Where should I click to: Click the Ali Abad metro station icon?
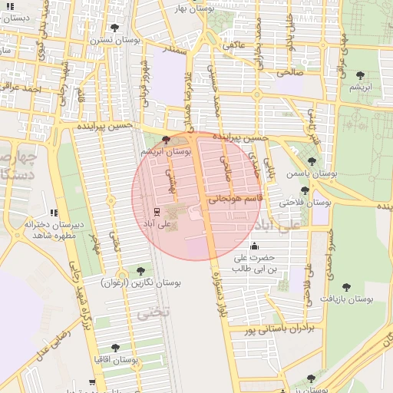click(x=157, y=211)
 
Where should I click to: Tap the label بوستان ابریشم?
click(x=173, y=153)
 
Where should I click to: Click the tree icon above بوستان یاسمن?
click(x=311, y=161)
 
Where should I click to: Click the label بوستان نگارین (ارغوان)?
click(x=141, y=283)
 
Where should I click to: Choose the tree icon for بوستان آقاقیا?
click(x=115, y=348)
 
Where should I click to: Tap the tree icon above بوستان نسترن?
click(x=114, y=28)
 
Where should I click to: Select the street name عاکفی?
click(x=233, y=46)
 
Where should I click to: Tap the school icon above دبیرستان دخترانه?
click(x=53, y=213)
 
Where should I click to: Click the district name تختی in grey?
click(x=146, y=314)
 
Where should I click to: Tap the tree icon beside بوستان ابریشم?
click(x=167, y=140)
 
